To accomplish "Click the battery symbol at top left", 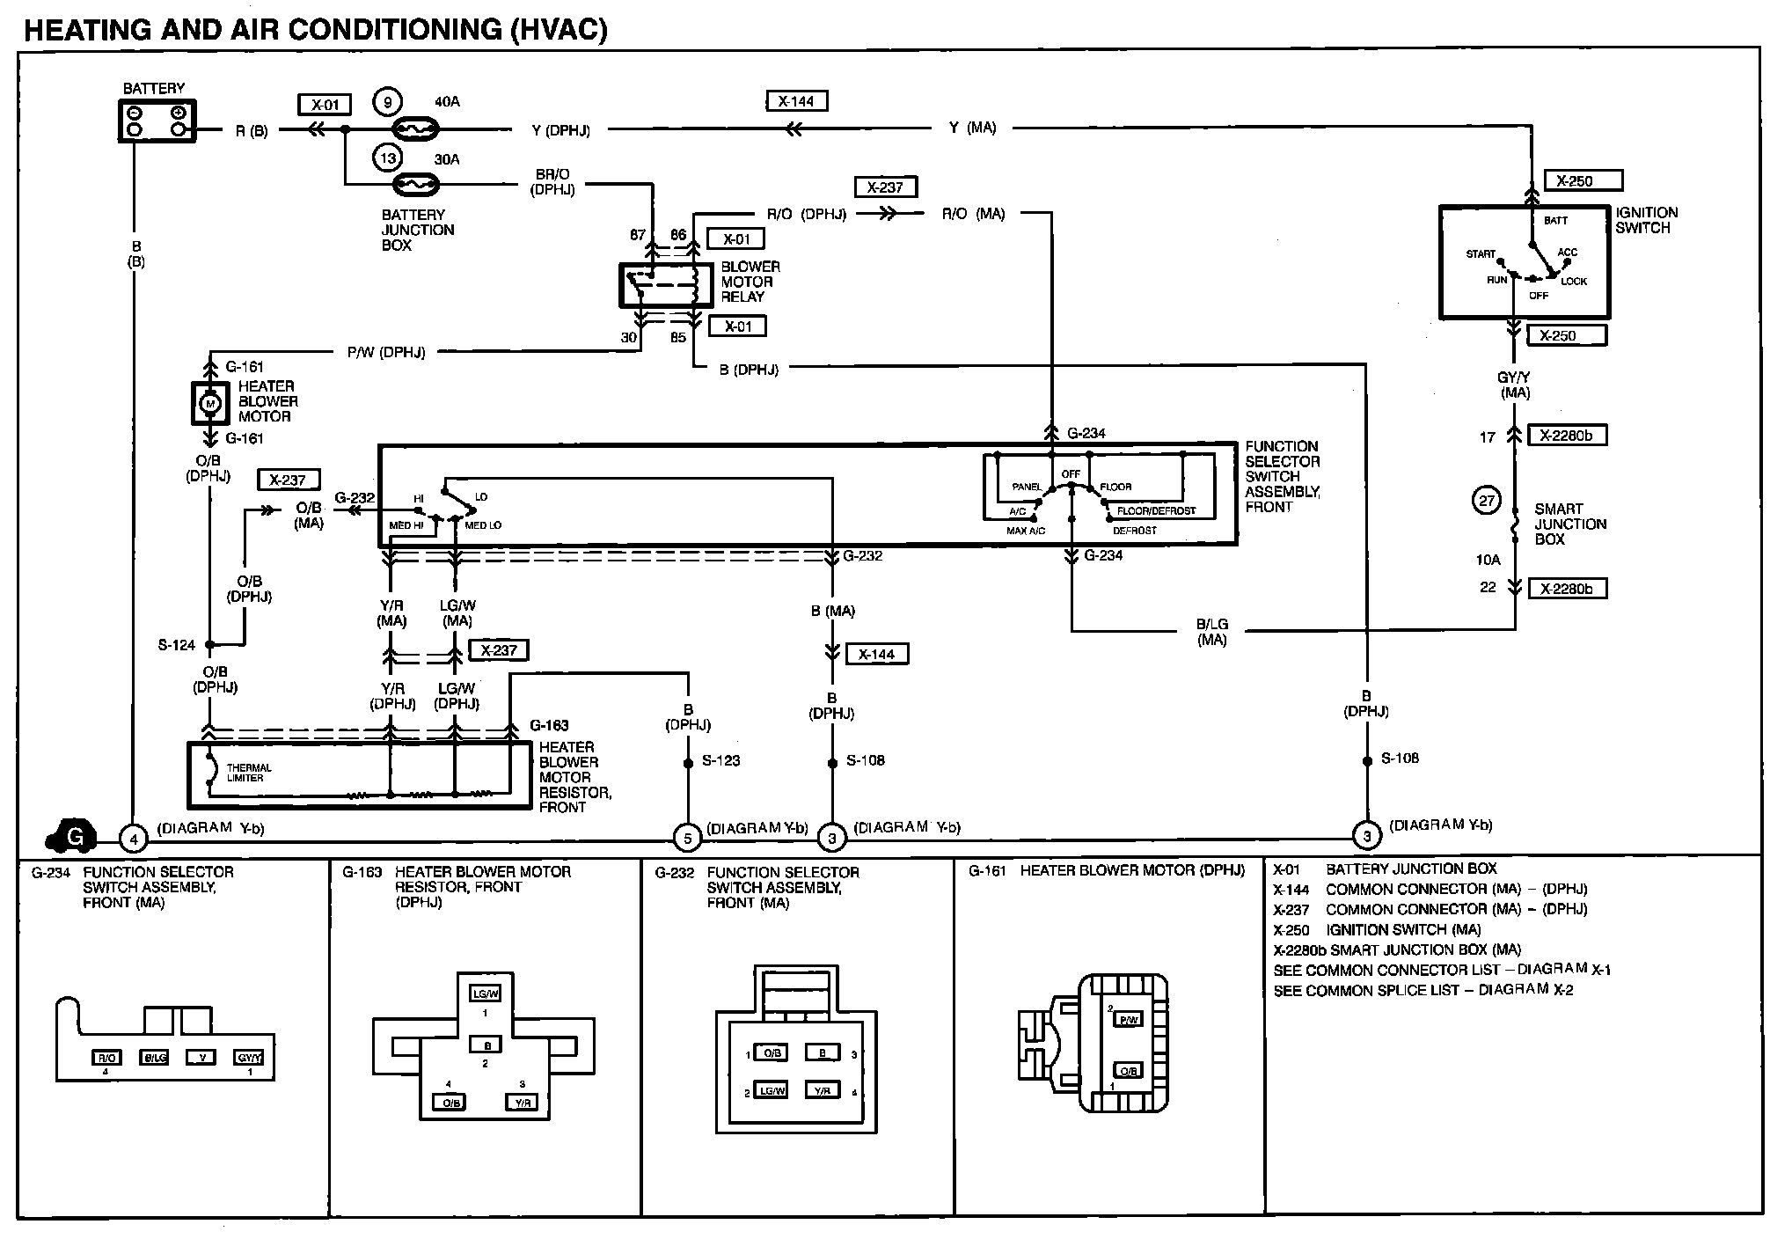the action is click(157, 121).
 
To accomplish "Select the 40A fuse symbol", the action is click(415, 130).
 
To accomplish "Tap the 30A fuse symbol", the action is click(415, 185).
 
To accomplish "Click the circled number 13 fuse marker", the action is click(388, 158).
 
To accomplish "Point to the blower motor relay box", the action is click(666, 285).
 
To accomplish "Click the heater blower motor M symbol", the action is click(210, 404).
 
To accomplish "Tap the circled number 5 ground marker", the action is click(687, 838).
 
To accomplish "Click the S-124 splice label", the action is click(177, 645).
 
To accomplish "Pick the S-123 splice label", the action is click(721, 760).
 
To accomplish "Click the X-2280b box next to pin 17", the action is click(1567, 436).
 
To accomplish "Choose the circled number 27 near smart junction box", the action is click(1487, 501).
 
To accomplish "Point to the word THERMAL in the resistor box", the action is click(249, 768).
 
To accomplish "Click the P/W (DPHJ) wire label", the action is click(386, 353).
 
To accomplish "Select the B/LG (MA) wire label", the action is click(1212, 632).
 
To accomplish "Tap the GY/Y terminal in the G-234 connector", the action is click(249, 1058).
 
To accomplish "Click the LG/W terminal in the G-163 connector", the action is click(485, 993).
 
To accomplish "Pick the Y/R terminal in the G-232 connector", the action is click(822, 1091).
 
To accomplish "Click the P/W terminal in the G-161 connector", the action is click(1128, 1020).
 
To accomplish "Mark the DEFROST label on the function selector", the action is click(1135, 531).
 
